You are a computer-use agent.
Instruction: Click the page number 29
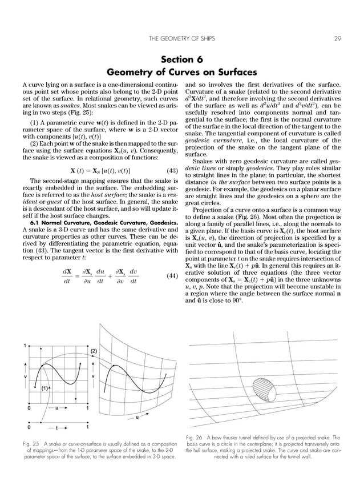click(337, 39)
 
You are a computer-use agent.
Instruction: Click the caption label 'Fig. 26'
click(195, 438)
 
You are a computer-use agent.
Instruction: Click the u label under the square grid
click(56, 408)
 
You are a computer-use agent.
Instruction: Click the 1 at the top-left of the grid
click(25, 345)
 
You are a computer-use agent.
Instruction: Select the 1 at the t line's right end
click(87, 426)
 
